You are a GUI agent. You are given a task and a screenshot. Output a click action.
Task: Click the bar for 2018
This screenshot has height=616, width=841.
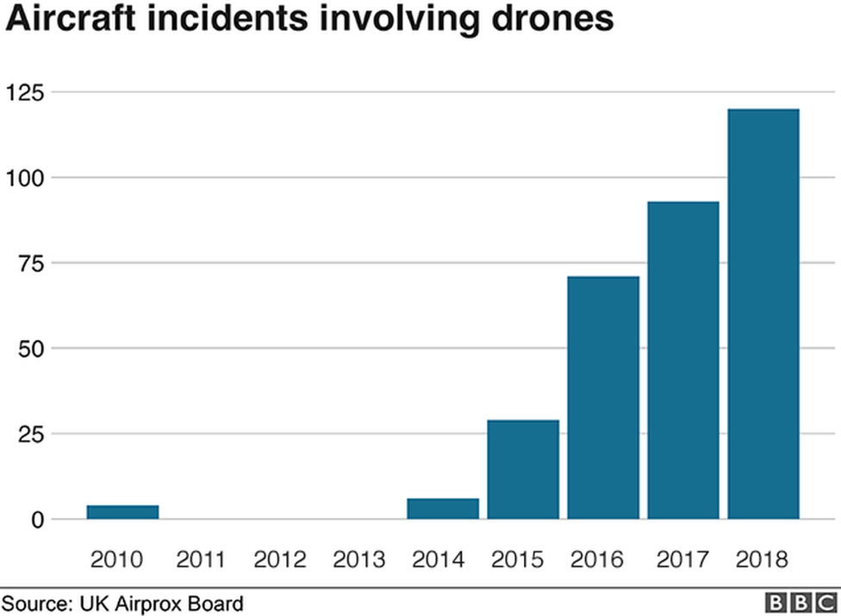pyautogui.click(x=763, y=314)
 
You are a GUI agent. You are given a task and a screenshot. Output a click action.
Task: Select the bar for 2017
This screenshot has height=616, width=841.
pyautogui.click(x=683, y=360)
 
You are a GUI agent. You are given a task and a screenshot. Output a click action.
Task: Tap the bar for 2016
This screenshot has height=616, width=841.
pyautogui.click(x=603, y=398)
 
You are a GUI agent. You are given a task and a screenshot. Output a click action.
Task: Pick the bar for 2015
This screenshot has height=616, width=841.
pyautogui.click(x=523, y=470)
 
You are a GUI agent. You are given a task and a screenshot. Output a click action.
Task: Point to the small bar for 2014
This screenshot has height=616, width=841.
pyautogui.click(x=443, y=509)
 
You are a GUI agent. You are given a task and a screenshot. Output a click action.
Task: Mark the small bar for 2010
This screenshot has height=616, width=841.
pyautogui.click(x=122, y=512)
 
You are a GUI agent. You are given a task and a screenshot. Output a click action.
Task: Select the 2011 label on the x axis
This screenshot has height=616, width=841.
pyautogui.click(x=201, y=560)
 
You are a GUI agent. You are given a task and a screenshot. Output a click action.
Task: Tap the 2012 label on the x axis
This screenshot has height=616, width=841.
pyautogui.click(x=280, y=560)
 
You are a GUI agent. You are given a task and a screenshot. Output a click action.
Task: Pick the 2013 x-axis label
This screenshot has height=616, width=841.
pyautogui.click(x=359, y=560)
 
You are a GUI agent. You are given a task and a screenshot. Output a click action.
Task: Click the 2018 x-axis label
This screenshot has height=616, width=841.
pyautogui.click(x=763, y=560)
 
